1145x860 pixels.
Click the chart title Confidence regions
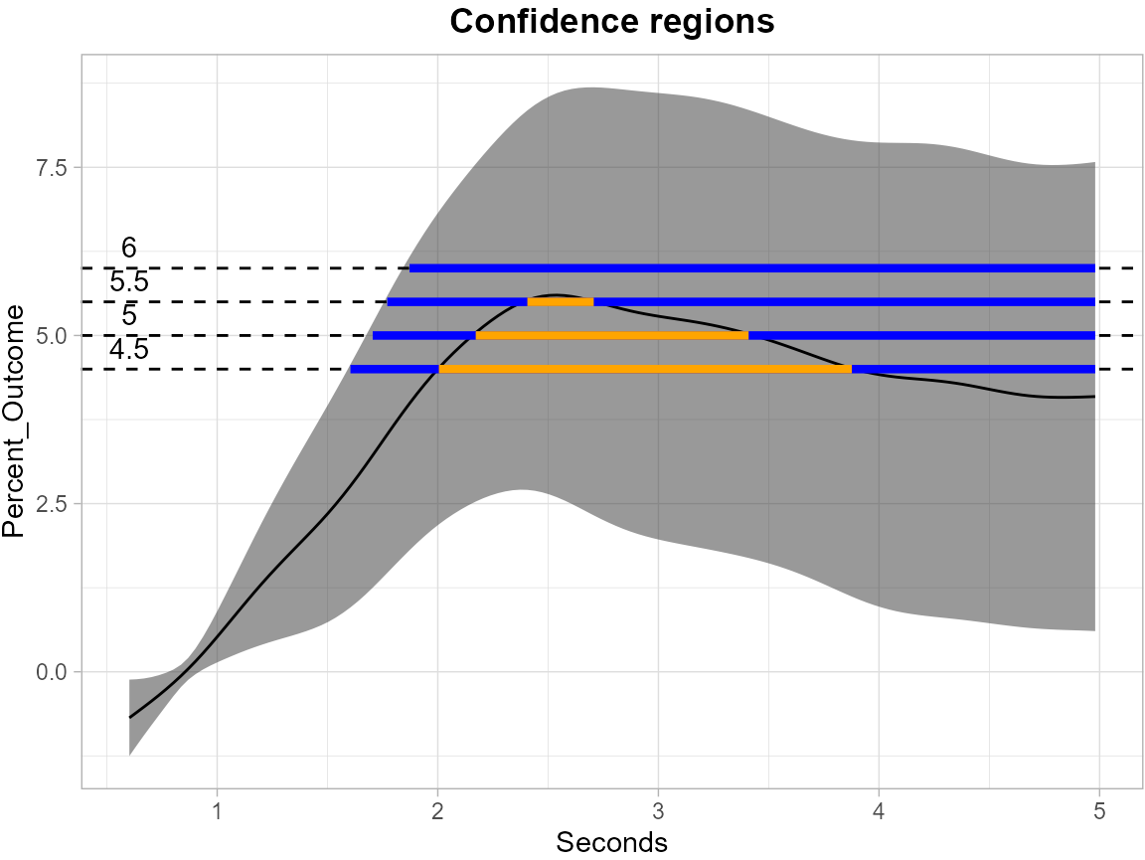(x=611, y=22)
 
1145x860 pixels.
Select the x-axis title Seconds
(x=611, y=842)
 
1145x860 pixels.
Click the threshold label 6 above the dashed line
(x=128, y=248)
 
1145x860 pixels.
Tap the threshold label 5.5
(x=128, y=282)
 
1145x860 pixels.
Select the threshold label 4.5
(x=128, y=350)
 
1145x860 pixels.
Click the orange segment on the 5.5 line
(x=560, y=301)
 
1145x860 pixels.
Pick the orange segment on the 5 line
(x=611, y=335)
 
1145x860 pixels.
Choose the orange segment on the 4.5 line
(x=645, y=369)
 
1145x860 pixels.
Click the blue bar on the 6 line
(x=751, y=267)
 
